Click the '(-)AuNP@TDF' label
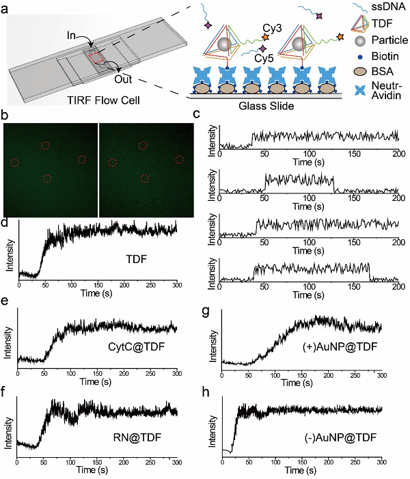coord(327,435)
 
